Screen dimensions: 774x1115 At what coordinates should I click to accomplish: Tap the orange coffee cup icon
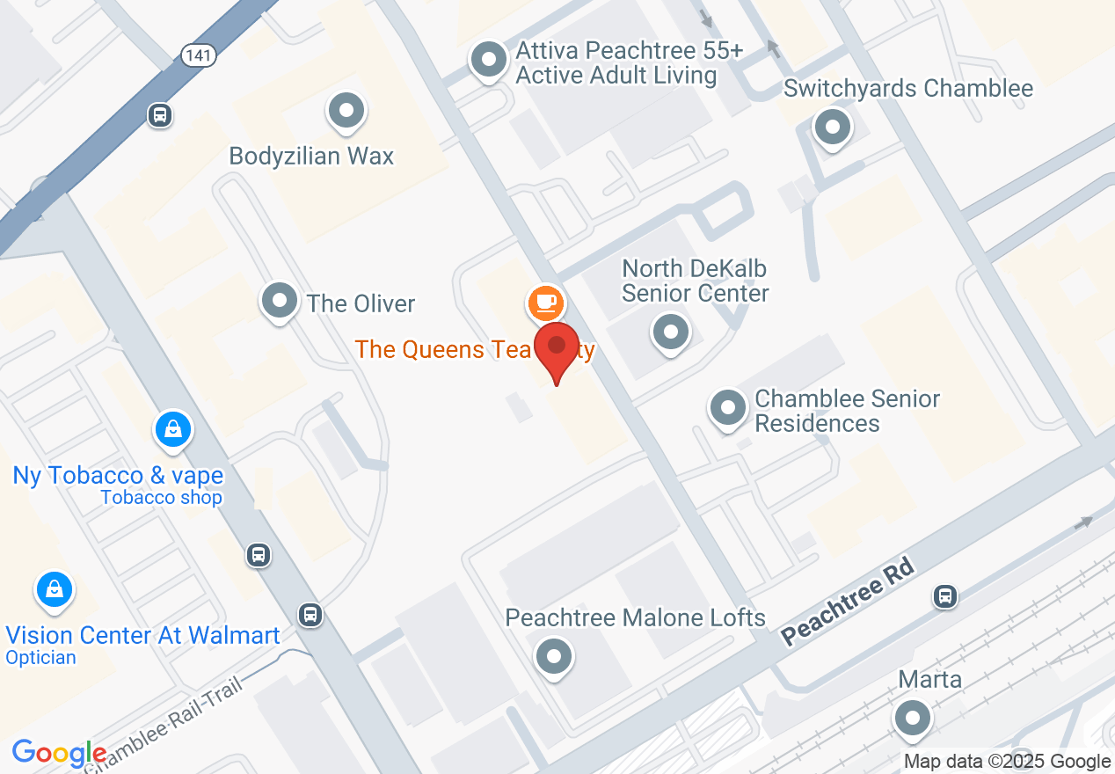pos(545,303)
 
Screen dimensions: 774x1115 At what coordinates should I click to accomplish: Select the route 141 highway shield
pos(199,55)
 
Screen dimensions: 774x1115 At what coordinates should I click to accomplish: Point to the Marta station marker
pos(912,719)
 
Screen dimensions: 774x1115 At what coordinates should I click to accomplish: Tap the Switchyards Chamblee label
pos(907,89)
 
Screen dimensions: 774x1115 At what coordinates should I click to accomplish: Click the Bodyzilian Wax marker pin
pos(346,111)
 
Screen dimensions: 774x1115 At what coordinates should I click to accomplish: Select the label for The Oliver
pos(361,304)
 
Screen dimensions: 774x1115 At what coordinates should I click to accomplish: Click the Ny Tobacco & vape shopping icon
pos(174,430)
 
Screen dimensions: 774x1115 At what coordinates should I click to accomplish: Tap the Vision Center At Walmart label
pos(142,635)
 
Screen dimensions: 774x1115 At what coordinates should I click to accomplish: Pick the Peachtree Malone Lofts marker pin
pos(554,656)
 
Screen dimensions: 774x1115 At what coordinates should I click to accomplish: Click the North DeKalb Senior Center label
pos(695,281)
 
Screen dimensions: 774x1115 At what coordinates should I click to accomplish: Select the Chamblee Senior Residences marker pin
pos(727,408)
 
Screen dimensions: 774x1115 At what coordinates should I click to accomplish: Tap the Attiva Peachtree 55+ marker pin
pos(489,61)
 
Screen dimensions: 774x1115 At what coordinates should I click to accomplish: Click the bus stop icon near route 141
pos(160,115)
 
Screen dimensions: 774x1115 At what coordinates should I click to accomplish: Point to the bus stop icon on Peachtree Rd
pos(945,596)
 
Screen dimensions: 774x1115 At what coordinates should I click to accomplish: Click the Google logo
pos(59,754)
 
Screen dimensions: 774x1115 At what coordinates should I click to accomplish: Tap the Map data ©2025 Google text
pos(1007,762)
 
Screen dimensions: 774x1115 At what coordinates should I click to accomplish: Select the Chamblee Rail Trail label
pos(167,721)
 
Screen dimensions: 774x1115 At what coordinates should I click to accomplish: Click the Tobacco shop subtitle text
pos(161,498)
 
